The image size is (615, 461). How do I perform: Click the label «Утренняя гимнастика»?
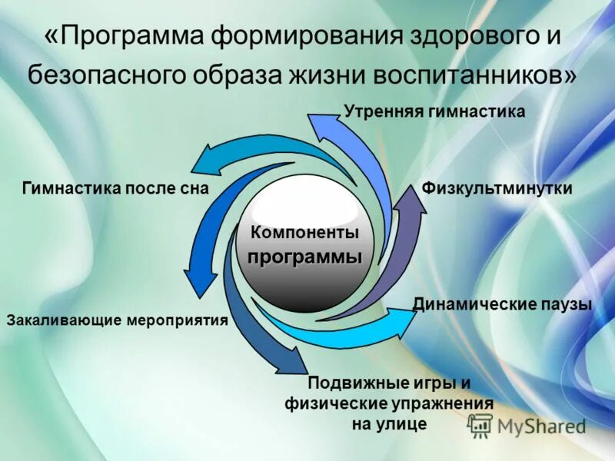click(434, 112)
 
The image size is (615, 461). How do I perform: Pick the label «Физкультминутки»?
click(497, 188)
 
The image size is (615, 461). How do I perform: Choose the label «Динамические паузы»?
click(502, 304)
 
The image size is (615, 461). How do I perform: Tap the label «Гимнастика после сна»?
click(116, 189)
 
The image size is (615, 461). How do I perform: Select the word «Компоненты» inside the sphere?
click(305, 232)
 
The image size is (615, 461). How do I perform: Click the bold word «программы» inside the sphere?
click(304, 256)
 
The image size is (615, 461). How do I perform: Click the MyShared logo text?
click(541, 425)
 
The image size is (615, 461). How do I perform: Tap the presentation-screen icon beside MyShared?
click(480, 424)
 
